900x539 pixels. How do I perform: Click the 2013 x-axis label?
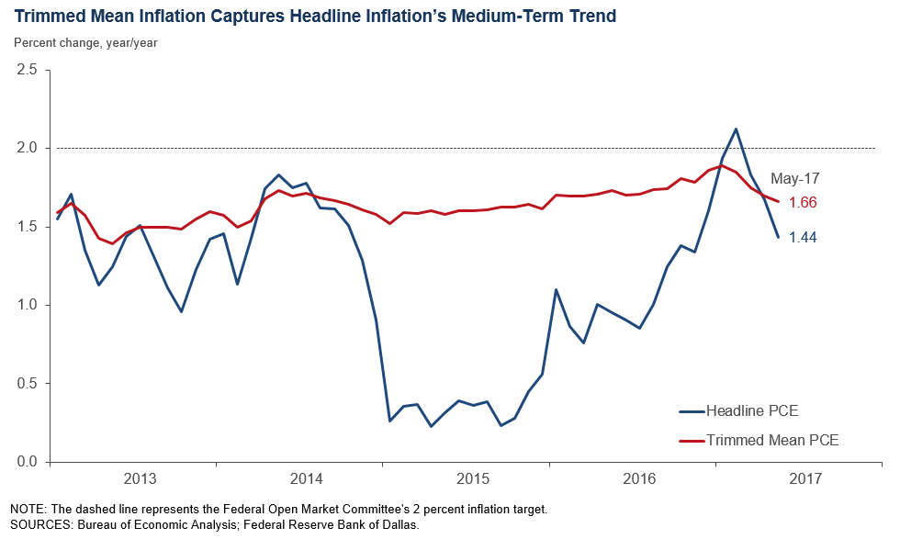139,479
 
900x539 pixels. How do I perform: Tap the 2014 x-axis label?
306,479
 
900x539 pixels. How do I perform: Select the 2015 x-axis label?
472,479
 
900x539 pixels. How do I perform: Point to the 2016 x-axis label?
639,479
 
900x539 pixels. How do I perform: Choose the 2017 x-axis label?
805,479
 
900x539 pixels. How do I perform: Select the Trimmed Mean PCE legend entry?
771,441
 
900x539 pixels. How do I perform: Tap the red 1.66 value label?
804,202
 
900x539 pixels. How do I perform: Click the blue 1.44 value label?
804,237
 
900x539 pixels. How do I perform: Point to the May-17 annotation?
795,178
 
